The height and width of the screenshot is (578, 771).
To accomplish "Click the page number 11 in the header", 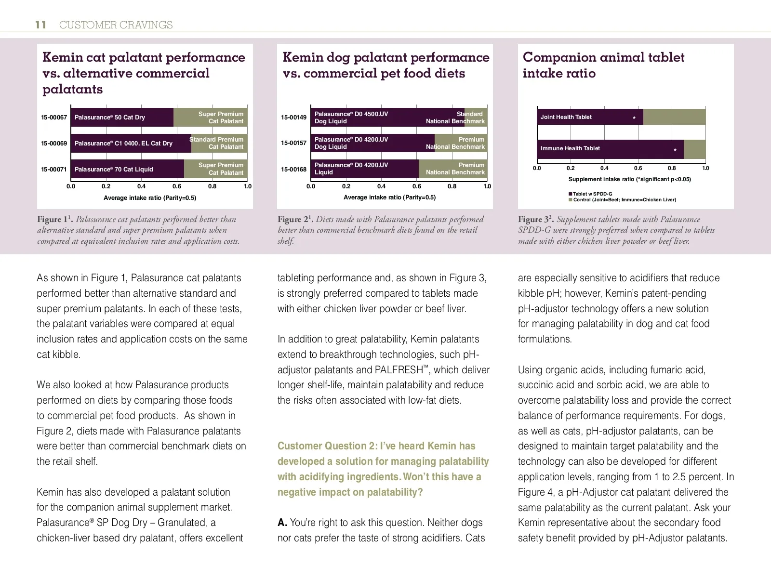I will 40,25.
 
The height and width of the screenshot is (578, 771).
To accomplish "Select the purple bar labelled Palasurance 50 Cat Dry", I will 122,118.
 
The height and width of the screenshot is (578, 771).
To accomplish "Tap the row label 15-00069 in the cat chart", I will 54,144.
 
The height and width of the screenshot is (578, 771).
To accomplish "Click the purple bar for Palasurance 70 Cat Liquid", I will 127,170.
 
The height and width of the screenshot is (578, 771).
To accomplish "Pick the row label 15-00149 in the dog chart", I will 294,118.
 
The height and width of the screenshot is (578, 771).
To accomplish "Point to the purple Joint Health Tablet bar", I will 590,117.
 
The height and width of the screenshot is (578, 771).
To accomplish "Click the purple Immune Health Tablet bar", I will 610,149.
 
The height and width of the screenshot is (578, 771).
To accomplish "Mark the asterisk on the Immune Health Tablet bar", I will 675,150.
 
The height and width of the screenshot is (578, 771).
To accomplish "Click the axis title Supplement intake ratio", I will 629,179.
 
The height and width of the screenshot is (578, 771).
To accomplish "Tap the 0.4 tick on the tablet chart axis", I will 604,169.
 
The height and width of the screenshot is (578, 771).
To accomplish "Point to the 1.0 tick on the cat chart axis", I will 248,186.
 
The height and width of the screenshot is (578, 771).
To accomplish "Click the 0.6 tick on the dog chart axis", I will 417,186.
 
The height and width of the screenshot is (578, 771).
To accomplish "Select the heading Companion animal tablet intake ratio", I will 603,65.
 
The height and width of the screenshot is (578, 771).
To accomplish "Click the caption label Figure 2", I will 293,220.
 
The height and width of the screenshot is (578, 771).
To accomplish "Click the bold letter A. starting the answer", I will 282,523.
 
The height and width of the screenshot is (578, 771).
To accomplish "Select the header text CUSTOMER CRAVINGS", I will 116,25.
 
